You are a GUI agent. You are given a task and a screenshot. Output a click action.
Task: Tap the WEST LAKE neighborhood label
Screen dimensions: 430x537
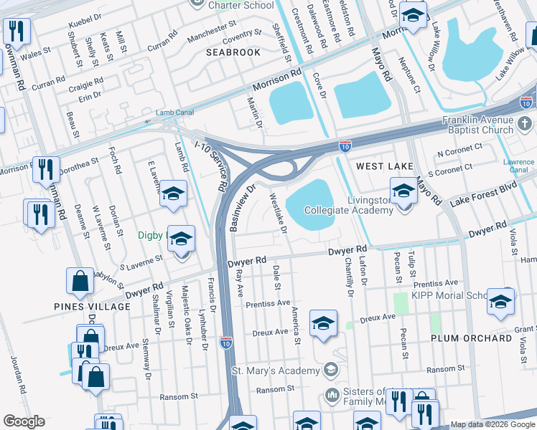click(x=386, y=166)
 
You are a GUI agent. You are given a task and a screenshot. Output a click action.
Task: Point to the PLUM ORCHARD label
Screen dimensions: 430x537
click(x=471, y=338)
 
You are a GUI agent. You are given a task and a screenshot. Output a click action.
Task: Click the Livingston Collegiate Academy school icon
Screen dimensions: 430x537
click(x=403, y=191)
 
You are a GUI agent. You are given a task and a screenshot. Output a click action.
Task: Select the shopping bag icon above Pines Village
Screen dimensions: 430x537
click(x=80, y=282)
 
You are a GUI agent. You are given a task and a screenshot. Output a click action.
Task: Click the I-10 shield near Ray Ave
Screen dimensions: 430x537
click(x=226, y=343)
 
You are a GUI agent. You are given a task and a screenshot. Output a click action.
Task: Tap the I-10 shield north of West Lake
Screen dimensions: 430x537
click(x=345, y=145)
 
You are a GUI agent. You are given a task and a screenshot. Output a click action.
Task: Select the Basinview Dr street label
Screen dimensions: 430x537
click(x=241, y=208)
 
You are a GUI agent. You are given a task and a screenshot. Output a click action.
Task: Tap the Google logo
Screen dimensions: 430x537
click(x=24, y=421)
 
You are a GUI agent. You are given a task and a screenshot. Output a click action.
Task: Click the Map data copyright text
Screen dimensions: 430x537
click(x=492, y=424)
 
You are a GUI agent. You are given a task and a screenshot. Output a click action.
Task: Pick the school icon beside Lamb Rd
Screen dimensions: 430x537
click(x=173, y=193)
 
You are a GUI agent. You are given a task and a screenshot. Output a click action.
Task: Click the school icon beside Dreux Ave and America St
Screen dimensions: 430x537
click(x=323, y=324)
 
